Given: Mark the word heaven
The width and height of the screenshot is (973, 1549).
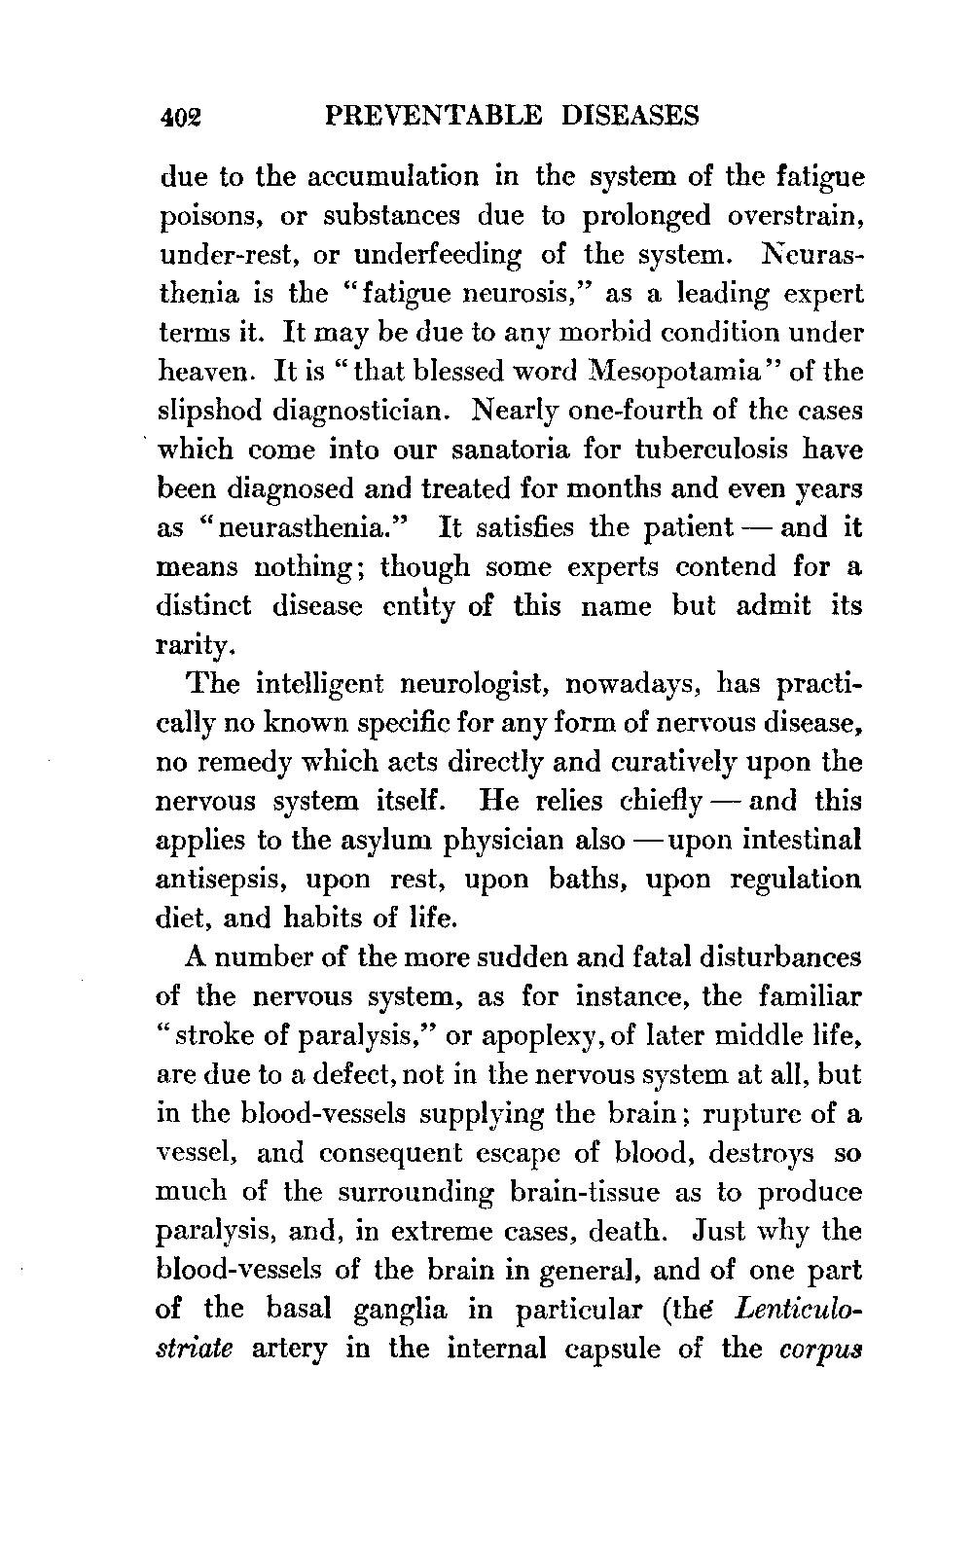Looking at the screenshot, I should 199,372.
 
